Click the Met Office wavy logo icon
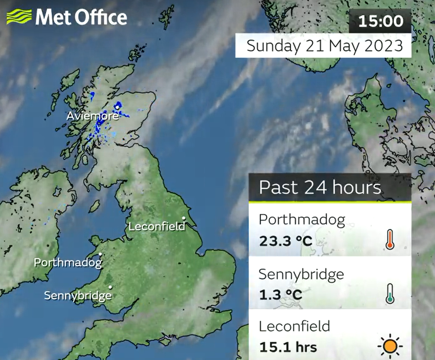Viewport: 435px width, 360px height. tap(19, 17)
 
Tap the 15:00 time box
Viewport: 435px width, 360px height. tap(381, 21)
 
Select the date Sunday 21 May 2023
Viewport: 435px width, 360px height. tap(324, 46)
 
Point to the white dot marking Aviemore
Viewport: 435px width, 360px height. tap(117, 107)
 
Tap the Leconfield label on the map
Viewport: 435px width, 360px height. tap(156, 227)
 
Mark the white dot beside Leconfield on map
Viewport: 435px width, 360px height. tap(183, 218)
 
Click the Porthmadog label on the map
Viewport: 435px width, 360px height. tap(68, 262)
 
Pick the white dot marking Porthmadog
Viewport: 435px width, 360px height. tap(101, 254)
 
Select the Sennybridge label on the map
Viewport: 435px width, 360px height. tap(77, 295)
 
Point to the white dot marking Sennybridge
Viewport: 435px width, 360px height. tap(110, 287)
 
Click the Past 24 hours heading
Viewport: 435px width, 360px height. tap(320, 187)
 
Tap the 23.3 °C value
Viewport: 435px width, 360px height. tap(286, 241)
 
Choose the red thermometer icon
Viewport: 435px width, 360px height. tap(390, 240)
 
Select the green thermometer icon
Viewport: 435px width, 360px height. tap(390, 293)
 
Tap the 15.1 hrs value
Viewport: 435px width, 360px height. tap(288, 346)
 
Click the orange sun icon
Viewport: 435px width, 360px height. tap(390, 346)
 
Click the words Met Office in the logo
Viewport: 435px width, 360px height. tap(81, 17)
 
